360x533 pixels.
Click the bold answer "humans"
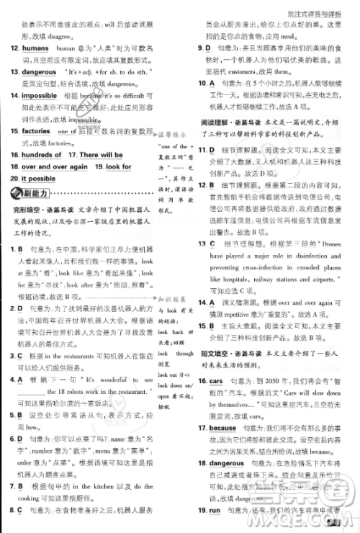pyautogui.click(x=35, y=48)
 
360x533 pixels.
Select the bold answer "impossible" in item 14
pyautogui.click(x=39, y=95)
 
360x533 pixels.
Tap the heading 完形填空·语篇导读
pyautogui.click(x=40, y=210)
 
